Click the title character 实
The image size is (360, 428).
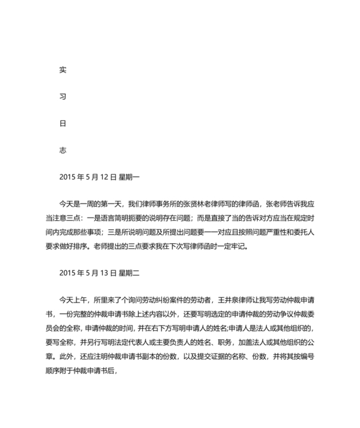pyautogui.click(x=62, y=69)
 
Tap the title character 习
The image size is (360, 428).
pyautogui.click(x=62, y=96)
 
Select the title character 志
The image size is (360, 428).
pyautogui.click(x=62, y=149)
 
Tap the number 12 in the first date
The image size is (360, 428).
pyautogui.click(x=105, y=176)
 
